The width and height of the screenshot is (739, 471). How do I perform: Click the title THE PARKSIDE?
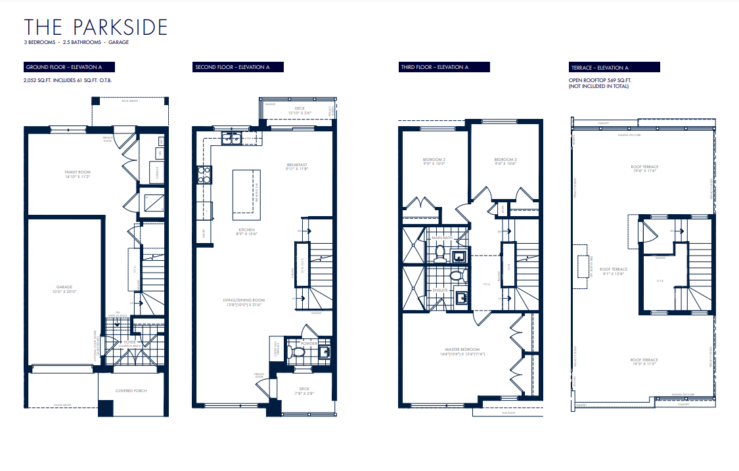click(96, 27)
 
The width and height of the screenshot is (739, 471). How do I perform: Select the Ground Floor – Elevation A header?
click(69, 67)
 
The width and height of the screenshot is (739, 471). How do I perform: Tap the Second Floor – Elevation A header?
click(238, 67)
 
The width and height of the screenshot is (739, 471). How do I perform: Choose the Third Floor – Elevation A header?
click(445, 67)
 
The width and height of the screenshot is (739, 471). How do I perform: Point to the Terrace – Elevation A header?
click(614, 67)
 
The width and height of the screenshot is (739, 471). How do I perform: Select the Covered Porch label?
click(131, 391)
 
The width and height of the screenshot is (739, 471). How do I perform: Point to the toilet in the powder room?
click(298, 353)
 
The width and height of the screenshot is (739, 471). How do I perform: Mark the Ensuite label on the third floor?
click(439, 289)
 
